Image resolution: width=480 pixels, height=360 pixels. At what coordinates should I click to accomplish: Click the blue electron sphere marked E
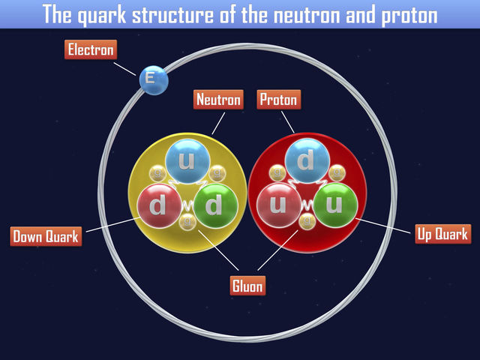(153, 78)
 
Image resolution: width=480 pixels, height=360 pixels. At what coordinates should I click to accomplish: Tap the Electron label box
(91, 51)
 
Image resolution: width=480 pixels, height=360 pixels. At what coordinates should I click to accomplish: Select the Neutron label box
(218, 99)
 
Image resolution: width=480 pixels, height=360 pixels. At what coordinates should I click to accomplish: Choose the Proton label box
(278, 99)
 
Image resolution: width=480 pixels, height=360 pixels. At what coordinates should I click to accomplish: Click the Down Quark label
(46, 237)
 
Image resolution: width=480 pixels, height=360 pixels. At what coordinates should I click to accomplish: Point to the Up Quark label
(443, 234)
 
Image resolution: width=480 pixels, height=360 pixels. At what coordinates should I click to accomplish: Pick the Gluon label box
(247, 285)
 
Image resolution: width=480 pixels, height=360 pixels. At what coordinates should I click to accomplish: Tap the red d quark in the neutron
(158, 205)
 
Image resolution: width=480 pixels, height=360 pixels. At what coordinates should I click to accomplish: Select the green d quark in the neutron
(215, 205)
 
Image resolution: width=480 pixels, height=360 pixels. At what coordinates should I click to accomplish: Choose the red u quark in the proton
(278, 205)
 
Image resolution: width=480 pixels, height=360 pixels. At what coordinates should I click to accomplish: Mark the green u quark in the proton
(335, 205)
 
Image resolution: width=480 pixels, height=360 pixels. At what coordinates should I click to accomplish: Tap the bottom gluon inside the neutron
(187, 221)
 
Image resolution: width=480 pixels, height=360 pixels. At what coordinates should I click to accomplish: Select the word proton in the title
(410, 15)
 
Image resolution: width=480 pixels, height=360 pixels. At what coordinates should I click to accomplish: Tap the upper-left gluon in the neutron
(157, 174)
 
